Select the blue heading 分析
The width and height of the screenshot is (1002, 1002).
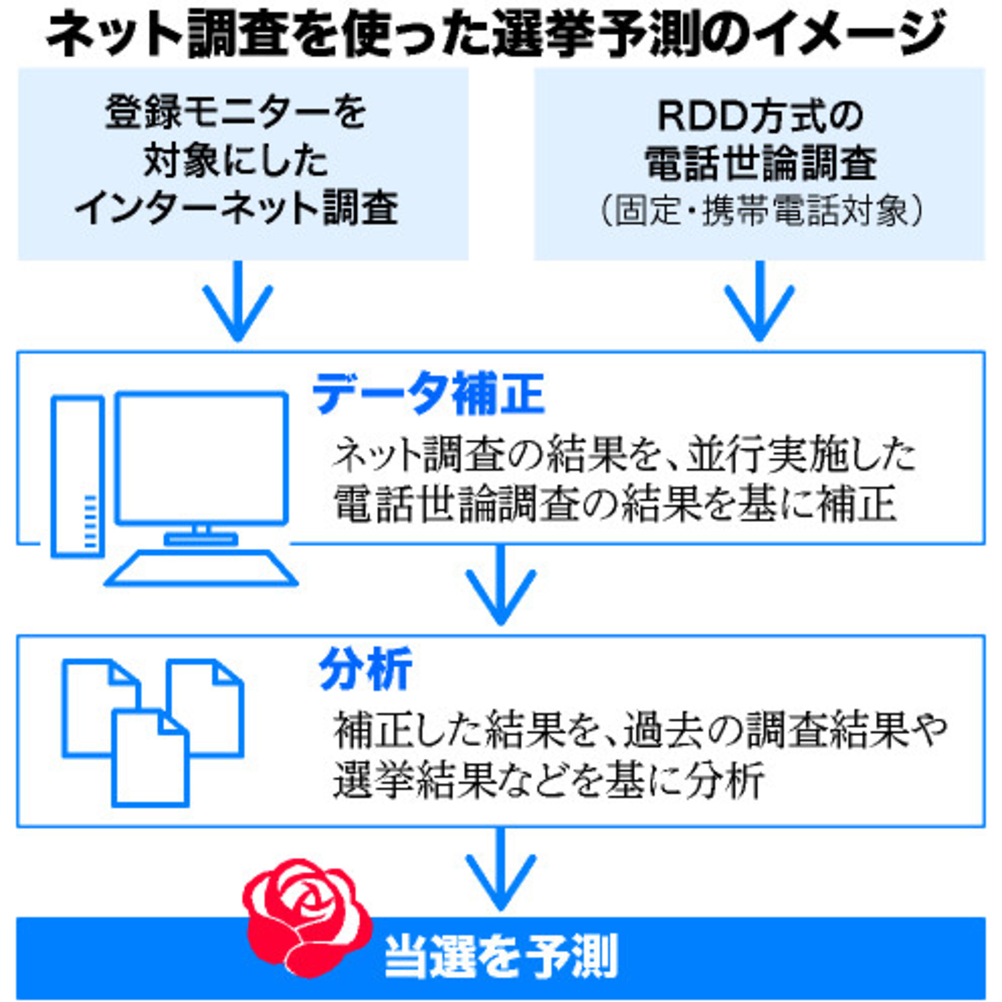[366, 669]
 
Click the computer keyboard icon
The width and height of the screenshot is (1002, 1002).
[201, 568]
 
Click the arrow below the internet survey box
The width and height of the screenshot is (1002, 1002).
[237, 301]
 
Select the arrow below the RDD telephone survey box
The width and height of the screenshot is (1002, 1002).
[759, 301]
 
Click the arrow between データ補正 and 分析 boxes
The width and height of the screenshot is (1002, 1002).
[500, 584]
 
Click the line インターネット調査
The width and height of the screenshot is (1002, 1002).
[236, 207]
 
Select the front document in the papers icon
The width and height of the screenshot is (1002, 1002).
[150, 758]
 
